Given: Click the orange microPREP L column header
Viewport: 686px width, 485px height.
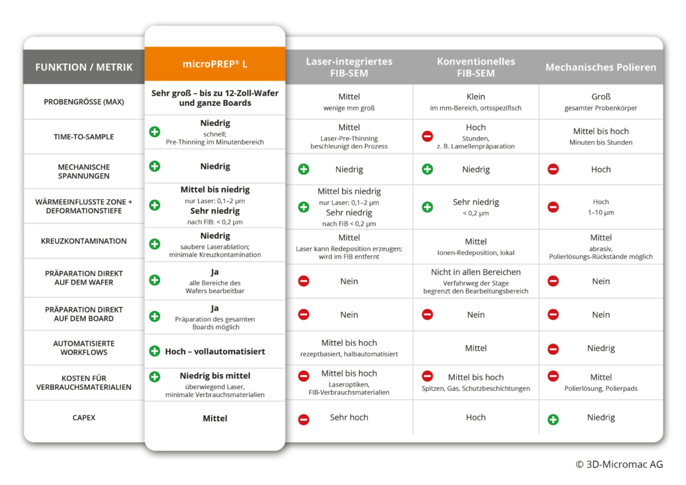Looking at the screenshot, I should (214, 65).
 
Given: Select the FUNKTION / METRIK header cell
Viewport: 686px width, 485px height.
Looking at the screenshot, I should (84, 67).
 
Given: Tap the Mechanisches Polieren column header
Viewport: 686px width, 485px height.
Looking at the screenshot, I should (600, 67).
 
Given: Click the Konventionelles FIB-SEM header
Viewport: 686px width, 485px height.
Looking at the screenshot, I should (476, 67).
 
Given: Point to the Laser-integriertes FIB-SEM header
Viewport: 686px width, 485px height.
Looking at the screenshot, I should (349, 67).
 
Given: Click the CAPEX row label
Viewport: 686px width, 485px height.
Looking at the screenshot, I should (84, 418).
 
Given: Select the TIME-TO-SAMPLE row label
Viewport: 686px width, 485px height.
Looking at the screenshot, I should (84, 137).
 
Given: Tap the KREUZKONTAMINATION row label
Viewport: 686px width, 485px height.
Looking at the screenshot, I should (84, 241).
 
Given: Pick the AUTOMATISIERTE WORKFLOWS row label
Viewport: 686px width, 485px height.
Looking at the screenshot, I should (84, 347).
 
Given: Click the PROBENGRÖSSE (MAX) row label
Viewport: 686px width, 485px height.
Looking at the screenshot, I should (84, 101).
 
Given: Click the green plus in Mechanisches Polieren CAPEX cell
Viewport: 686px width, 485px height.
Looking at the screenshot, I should (553, 419).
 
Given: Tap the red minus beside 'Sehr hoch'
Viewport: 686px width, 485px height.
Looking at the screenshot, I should (304, 419).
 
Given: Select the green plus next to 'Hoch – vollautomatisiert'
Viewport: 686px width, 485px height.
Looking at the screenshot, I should (155, 351).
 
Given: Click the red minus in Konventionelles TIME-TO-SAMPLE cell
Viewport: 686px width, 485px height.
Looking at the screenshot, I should (428, 137).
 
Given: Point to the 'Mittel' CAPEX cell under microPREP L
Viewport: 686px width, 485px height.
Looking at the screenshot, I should (214, 418).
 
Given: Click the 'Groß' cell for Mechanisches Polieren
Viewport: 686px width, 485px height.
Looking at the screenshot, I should (601, 97).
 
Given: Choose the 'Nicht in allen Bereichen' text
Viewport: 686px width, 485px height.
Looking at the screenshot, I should (476, 272).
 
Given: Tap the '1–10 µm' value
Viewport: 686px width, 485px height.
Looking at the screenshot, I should (601, 213).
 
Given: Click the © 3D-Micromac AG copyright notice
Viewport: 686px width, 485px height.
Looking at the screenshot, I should (619, 464).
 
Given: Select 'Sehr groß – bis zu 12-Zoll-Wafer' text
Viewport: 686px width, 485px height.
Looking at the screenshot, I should (214, 93).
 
